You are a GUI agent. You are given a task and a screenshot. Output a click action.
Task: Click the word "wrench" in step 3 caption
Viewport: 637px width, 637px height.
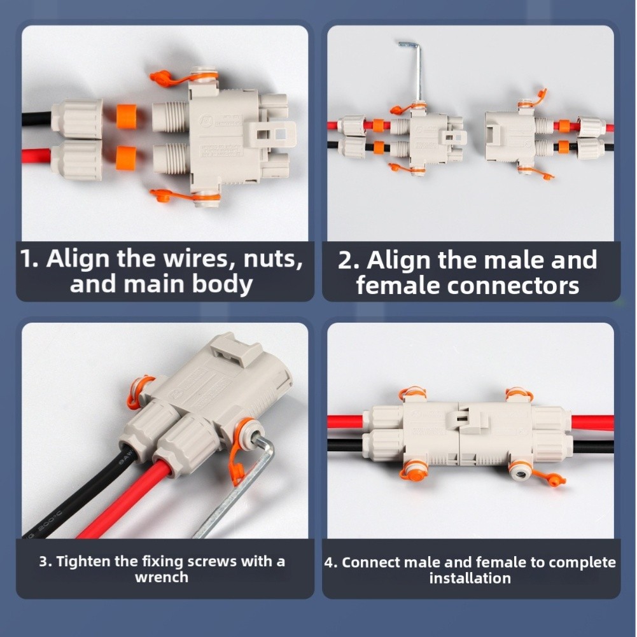(162, 578)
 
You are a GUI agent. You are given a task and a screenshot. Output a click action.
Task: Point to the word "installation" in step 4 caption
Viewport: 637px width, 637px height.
(470, 578)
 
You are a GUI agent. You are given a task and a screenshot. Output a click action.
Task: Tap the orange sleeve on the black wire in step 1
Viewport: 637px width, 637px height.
(126, 116)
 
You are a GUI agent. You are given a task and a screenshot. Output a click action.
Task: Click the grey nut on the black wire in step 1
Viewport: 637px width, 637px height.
(77, 118)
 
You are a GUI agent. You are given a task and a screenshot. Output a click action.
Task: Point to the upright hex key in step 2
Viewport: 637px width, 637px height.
(417, 70)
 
